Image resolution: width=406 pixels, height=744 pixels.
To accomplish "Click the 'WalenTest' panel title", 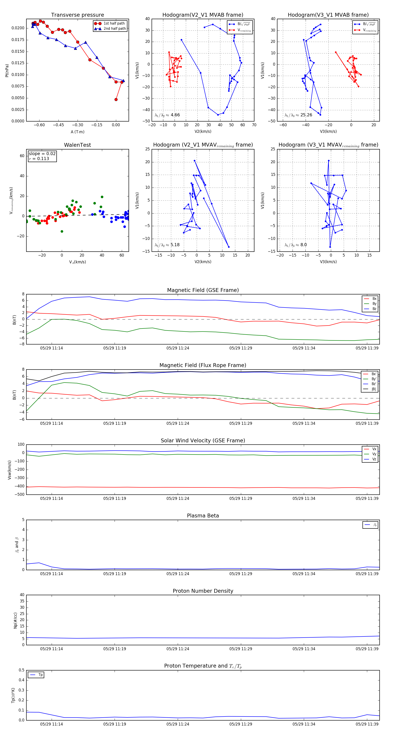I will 77,145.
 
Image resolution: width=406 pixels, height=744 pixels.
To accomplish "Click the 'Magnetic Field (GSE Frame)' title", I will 203,290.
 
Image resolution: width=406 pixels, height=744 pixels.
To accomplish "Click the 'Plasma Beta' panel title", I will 203,516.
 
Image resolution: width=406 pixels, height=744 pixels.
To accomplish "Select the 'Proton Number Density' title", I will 203,591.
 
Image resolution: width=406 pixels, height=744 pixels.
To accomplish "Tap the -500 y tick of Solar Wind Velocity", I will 20,494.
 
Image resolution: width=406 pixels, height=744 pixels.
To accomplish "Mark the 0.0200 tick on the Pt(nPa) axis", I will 18,28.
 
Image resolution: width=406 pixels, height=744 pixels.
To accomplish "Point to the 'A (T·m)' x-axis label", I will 77,132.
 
